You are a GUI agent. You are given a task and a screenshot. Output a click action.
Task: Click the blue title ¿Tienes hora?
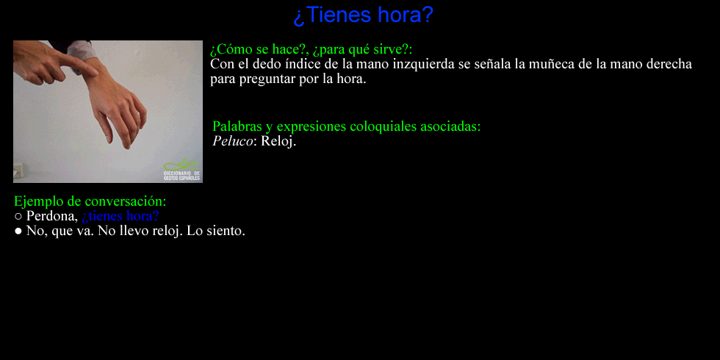click(x=363, y=15)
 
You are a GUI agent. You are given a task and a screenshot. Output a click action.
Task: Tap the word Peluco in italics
click(x=233, y=141)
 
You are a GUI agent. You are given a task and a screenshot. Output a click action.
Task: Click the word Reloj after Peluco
click(x=278, y=141)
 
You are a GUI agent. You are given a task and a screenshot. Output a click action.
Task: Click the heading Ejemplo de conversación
click(x=90, y=201)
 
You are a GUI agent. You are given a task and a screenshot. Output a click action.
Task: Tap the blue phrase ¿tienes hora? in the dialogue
click(x=120, y=216)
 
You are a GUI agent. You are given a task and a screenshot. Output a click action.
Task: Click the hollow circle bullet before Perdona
click(x=18, y=216)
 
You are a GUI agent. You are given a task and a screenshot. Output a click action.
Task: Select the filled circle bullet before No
click(x=18, y=231)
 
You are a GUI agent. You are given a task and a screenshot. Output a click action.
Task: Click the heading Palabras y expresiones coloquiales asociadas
click(x=347, y=126)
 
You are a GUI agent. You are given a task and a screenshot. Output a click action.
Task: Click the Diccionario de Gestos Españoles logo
click(x=182, y=169)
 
